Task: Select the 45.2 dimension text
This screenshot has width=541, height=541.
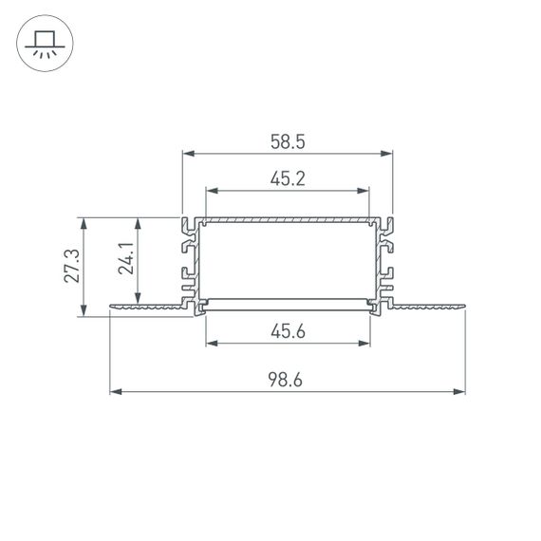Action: (x=288, y=178)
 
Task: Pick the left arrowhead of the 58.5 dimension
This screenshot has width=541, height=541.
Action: (x=187, y=153)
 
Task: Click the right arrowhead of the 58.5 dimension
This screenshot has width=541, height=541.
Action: (x=387, y=153)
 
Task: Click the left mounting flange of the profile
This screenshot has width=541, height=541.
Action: (x=147, y=306)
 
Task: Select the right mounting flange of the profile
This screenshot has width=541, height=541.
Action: (x=427, y=306)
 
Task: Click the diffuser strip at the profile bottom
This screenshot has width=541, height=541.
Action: (x=288, y=304)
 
